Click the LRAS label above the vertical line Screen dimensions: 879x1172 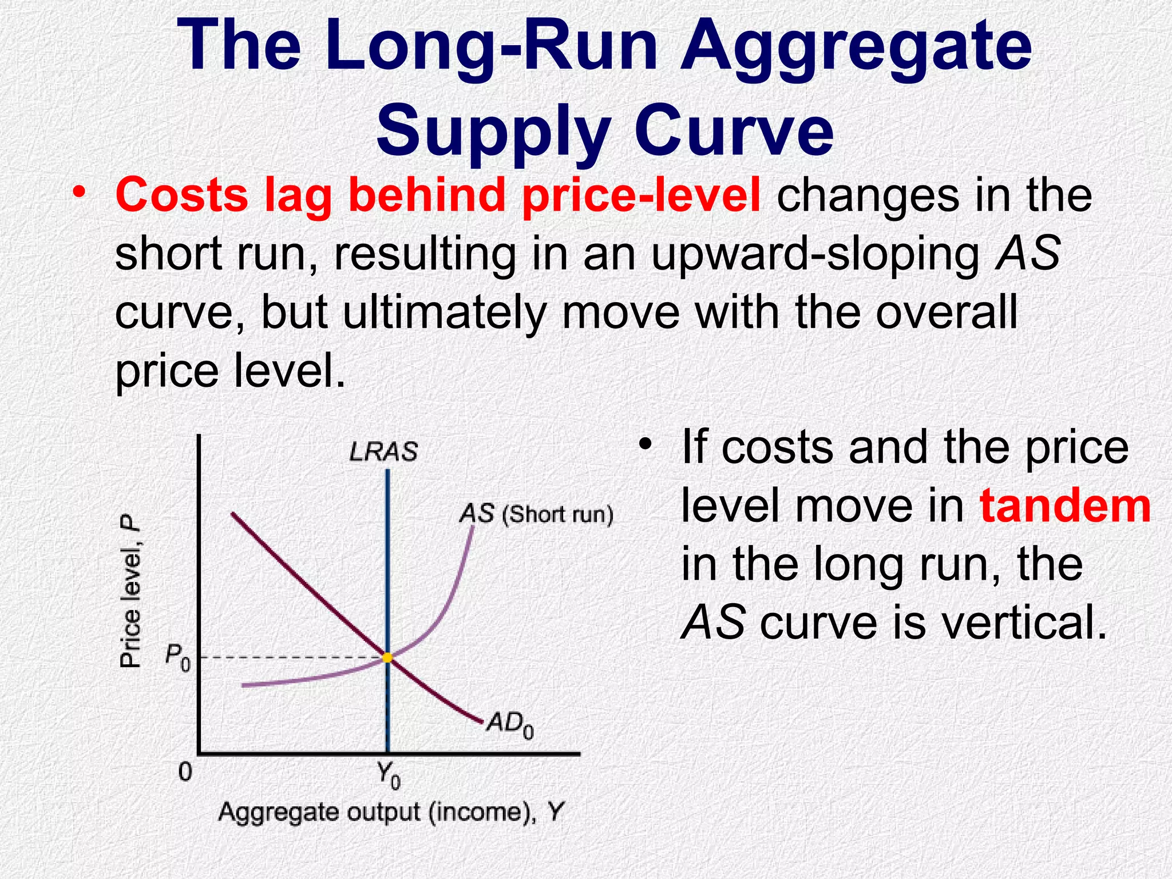click(x=383, y=452)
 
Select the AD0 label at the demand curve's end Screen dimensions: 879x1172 click(x=510, y=726)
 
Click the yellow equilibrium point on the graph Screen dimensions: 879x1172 click(x=387, y=658)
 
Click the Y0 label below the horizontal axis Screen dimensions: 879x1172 click(x=389, y=775)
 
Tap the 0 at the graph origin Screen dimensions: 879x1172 click(x=185, y=772)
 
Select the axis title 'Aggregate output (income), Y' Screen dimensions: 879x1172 click(x=391, y=812)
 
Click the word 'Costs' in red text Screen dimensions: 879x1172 click(x=181, y=195)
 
